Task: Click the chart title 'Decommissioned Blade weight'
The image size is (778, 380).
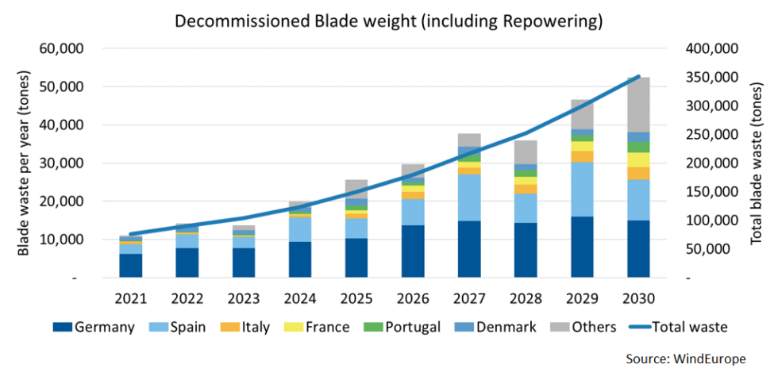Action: [388, 21]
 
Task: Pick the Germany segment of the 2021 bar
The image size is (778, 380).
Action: [131, 265]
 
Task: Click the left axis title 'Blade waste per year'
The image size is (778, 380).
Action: [23, 163]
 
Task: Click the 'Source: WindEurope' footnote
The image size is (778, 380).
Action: [685, 359]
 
